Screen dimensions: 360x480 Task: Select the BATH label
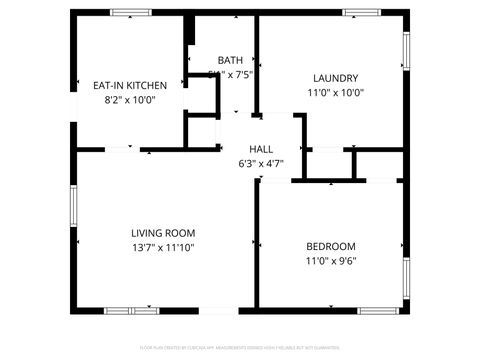pyautogui.click(x=229, y=59)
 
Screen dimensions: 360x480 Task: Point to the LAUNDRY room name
pyautogui.click(x=335, y=78)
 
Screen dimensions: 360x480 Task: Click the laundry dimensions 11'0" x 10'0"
pyautogui.click(x=335, y=93)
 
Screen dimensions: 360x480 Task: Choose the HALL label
pyautogui.click(x=261, y=148)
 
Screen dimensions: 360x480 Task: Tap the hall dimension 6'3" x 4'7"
pyautogui.click(x=261, y=162)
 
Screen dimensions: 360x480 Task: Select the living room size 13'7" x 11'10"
pyautogui.click(x=161, y=247)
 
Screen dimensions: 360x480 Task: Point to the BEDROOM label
pyautogui.click(x=330, y=246)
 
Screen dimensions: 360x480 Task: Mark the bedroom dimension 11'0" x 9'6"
pyautogui.click(x=330, y=261)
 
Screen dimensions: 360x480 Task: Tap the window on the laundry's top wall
pyautogui.click(x=362, y=12)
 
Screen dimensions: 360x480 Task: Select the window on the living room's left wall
pyautogui.click(x=72, y=206)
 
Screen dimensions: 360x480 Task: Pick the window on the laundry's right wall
pyautogui.click(x=406, y=51)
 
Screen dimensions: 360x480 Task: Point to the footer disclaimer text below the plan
pyautogui.click(x=240, y=349)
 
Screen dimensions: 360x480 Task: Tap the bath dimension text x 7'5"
pyautogui.click(x=236, y=74)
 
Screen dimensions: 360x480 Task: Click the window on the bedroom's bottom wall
pyautogui.click(x=379, y=310)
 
